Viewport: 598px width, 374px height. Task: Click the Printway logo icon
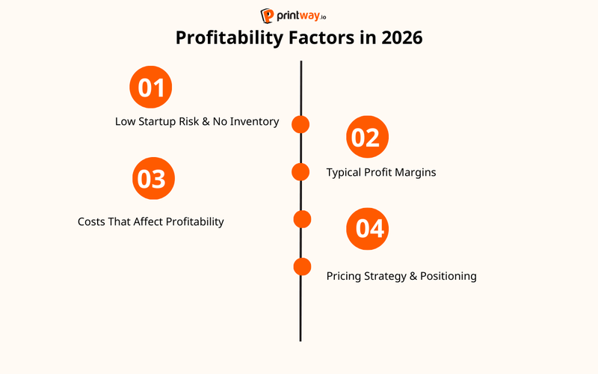click(268, 16)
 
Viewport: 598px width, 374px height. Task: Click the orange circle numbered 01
click(151, 88)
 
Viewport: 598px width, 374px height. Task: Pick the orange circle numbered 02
click(368, 138)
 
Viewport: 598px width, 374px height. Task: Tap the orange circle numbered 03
click(154, 179)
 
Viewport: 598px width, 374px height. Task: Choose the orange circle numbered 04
click(368, 228)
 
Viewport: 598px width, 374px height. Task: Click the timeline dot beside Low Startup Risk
click(300, 124)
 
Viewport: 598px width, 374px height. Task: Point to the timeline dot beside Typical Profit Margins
click(300, 172)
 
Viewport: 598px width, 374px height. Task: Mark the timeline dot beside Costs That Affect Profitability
click(302, 219)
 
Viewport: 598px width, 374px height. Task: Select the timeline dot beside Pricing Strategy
click(302, 266)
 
